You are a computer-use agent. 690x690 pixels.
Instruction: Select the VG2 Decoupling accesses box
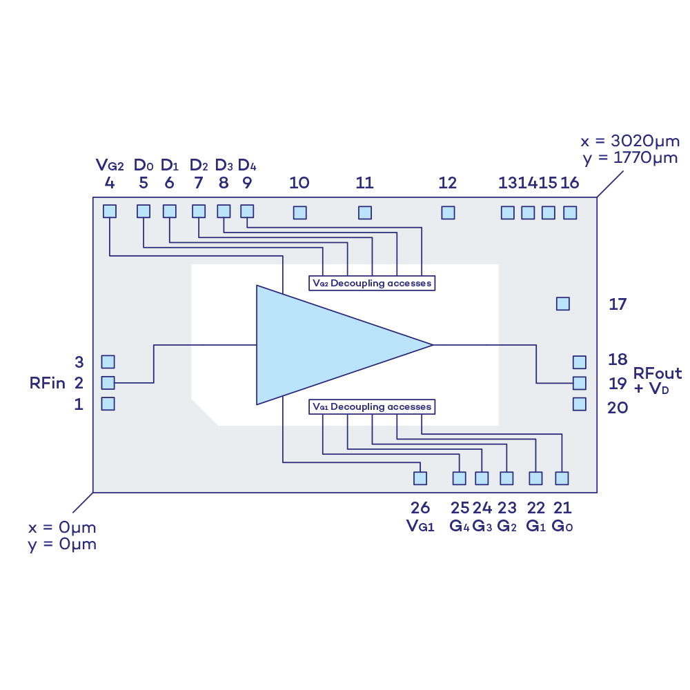tap(372, 283)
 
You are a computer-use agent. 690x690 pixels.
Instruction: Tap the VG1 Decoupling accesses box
tap(372, 406)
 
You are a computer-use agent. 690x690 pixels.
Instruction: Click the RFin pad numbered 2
tap(108, 382)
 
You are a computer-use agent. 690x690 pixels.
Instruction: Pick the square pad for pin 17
tap(563, 303)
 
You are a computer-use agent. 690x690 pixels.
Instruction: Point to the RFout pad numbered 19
tap(579, 382)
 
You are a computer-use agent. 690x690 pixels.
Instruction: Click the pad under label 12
tap(448, 213)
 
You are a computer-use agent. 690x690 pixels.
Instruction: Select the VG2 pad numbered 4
tap(110, 211)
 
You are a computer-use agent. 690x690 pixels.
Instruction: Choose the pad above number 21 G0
tap(562, 477)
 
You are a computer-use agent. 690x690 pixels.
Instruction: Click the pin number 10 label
tap(299, 183)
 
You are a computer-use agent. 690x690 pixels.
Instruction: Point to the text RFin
tap(47, 383)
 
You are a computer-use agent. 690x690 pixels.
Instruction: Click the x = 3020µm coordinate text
tap(630, 141)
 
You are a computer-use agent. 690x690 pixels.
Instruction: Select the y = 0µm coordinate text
tap(62, 544)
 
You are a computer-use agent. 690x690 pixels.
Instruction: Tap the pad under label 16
tap(569, 213)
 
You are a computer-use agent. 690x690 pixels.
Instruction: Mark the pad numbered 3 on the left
tap(108, 362)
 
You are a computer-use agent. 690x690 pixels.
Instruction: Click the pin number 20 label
tap(618, 408)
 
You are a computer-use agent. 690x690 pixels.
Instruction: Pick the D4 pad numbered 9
tap(246, 210)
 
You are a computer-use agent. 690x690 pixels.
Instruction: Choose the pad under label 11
tap(365, 213)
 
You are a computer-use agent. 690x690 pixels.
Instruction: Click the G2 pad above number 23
tap(506, 477)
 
